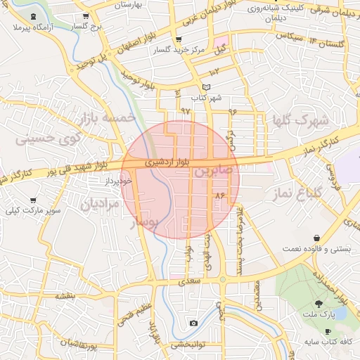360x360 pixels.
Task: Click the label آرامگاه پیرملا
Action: click(x=34, y=27)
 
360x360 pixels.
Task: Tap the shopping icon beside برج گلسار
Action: click(x=86, y=15)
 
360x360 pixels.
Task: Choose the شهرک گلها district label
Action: click(x=303, y=120)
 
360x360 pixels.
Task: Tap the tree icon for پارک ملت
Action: click(x=319, y=304)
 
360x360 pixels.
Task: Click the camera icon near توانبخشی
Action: click(x=193, y=323)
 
